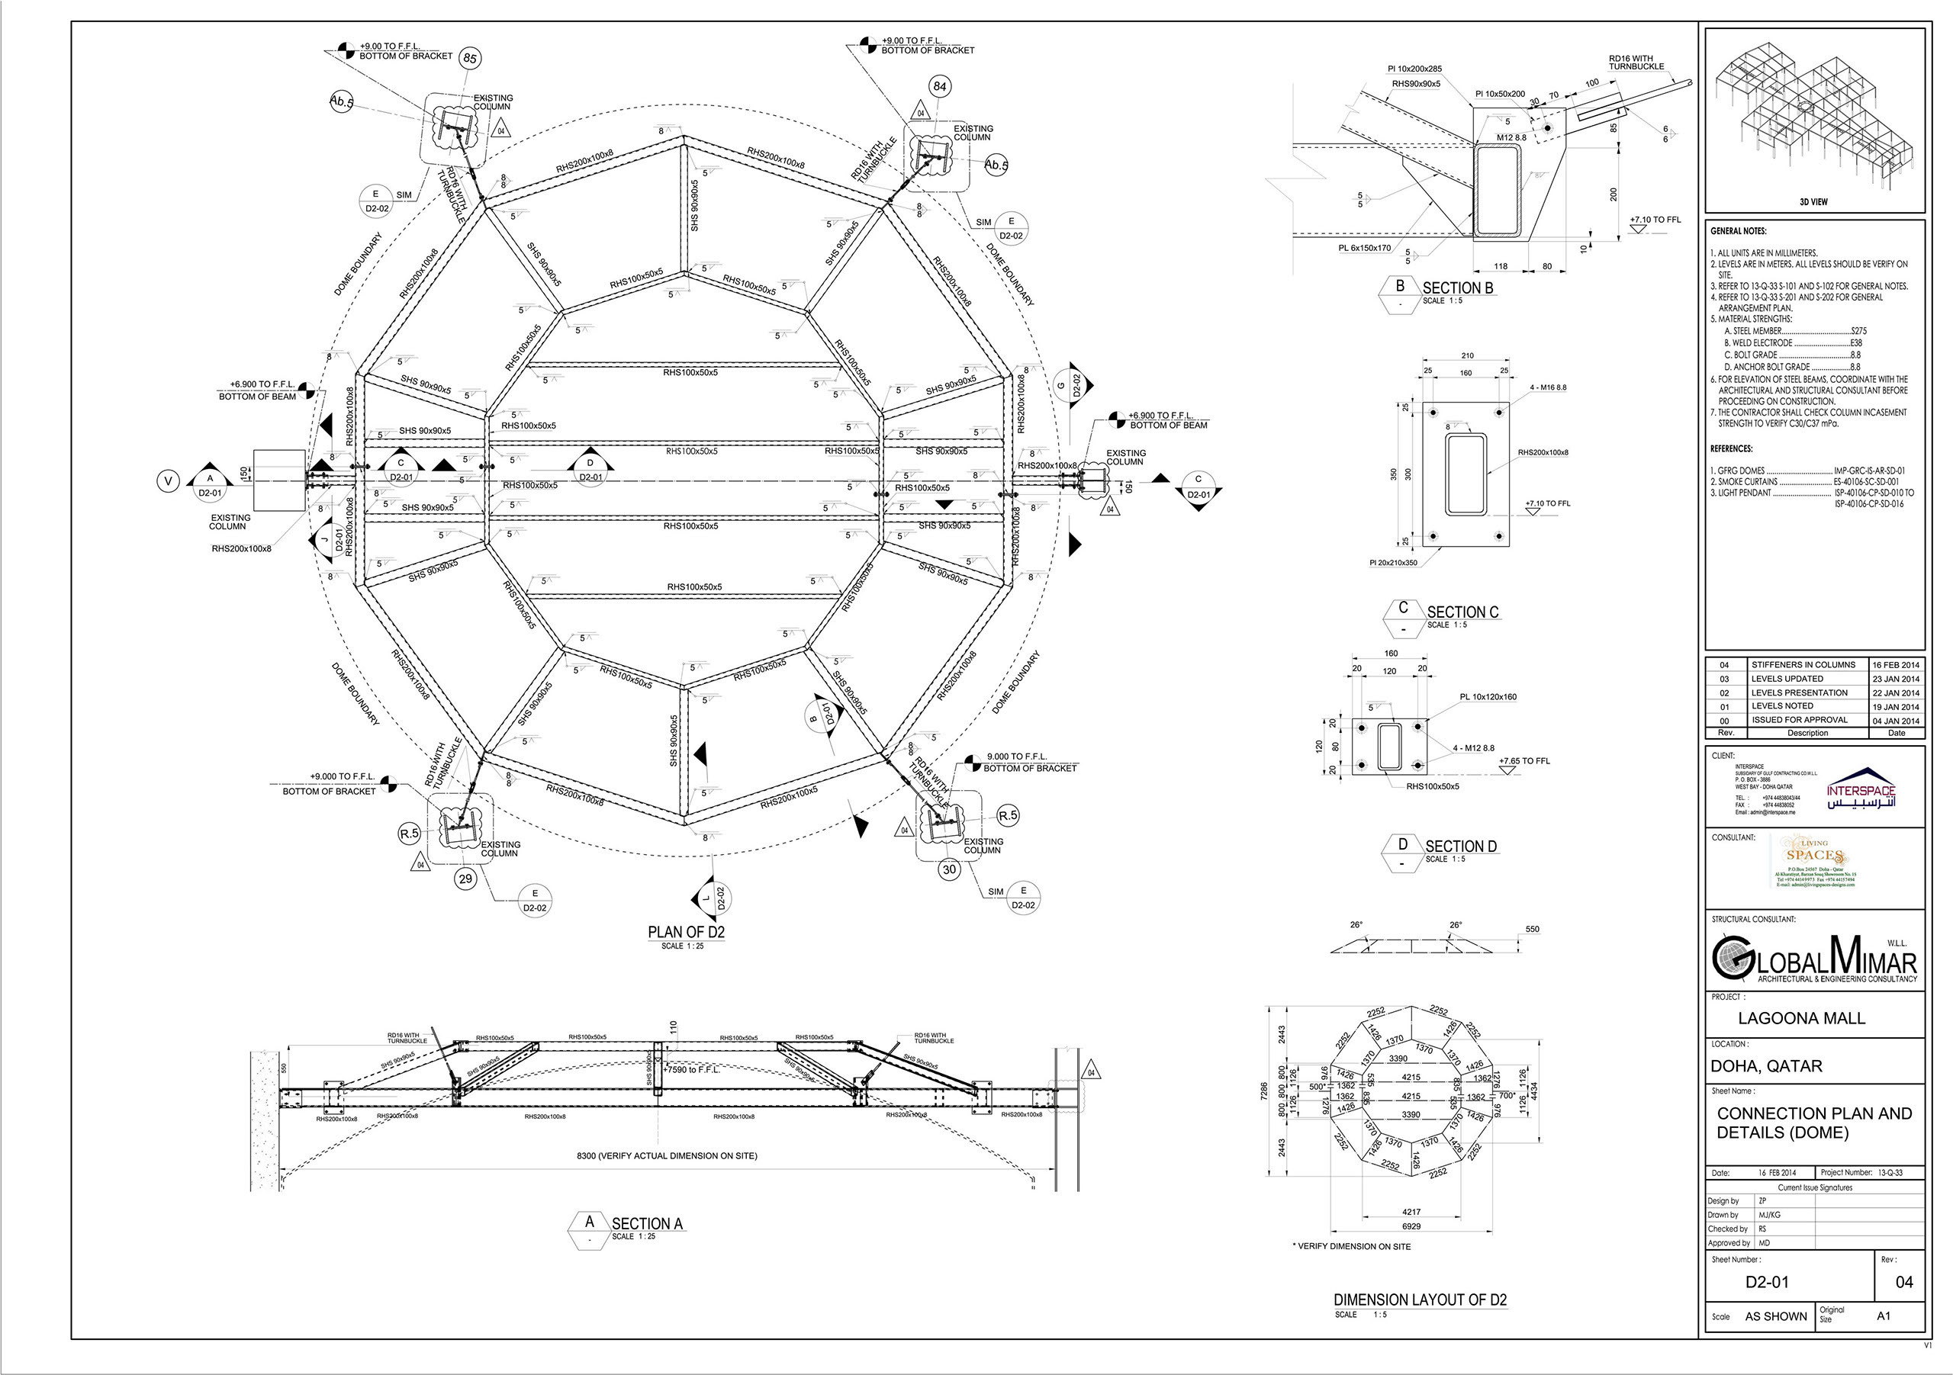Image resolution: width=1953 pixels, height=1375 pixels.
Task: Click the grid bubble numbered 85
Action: [469, 59]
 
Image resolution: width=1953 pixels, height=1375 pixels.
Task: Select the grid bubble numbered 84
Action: [939, 86]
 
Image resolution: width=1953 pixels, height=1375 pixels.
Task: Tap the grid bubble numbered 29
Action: [465, 879]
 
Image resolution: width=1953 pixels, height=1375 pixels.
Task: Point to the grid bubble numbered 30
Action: [949, 869]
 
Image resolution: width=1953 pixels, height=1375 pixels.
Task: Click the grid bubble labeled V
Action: [168, 482]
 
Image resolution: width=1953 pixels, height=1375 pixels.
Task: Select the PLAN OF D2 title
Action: [686, 932]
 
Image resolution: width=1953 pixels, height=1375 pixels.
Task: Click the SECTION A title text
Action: [646, 1224]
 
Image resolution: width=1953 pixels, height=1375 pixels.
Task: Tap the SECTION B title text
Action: [1457, 288]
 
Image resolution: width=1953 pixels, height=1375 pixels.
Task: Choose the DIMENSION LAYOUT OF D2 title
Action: [1420, 1300]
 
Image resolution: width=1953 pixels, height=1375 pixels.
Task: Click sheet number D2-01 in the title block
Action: [1767, 1281]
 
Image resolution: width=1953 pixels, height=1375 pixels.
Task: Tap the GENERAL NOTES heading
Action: [1738, 231]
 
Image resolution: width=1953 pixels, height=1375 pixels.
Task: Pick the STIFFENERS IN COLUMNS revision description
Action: [1803, 665]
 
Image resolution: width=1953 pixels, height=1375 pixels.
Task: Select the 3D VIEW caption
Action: [1813, 202]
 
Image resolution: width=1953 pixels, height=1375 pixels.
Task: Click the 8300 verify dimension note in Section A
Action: [666, 1155]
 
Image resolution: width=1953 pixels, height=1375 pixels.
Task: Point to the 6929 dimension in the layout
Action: [1411, 1226]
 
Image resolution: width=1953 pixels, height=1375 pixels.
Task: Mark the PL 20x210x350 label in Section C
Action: [1393, 563]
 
